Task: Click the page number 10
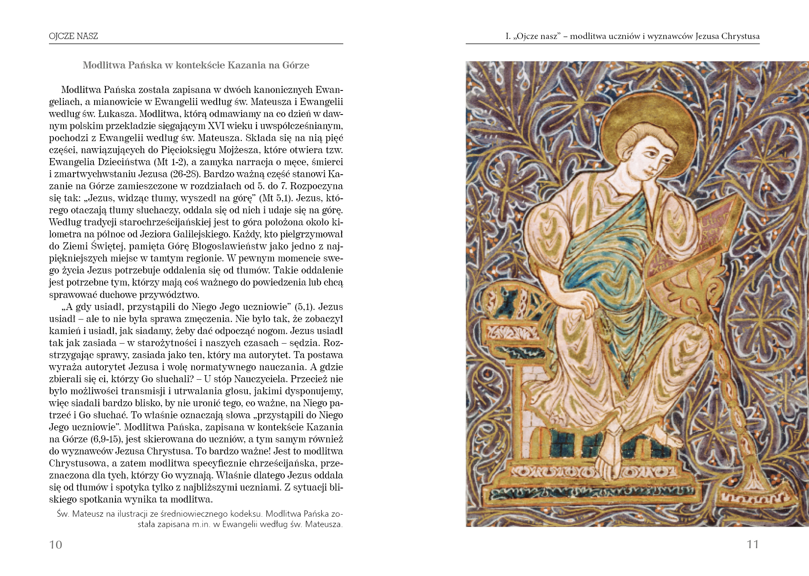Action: point(56,544)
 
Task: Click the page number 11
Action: point(753,544)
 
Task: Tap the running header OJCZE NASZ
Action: point(73,36)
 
